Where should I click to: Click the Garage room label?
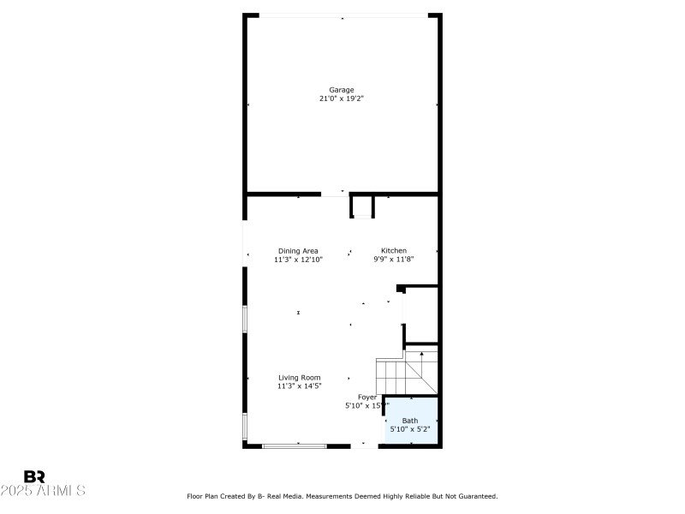tap(342, 90)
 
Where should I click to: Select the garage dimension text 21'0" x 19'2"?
tap(342, 99)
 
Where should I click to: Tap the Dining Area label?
tap(298, 251)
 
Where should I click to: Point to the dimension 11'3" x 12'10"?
tap(298, 260)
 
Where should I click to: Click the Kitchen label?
tap(394, 251)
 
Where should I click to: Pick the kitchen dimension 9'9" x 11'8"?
tap(394, 260)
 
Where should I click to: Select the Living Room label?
tap(299, 378)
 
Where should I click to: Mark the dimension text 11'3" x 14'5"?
tap(299, 386)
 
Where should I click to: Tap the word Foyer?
tap(367, 397)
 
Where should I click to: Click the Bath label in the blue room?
tap(411, 421)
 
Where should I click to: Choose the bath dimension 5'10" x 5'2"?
tap(411, 429)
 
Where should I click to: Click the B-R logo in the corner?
tap(34, 476)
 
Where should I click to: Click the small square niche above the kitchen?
tap(362, 206)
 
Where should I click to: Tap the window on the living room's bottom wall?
tap(295, 445)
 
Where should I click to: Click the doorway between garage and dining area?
tap(335, 194)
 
